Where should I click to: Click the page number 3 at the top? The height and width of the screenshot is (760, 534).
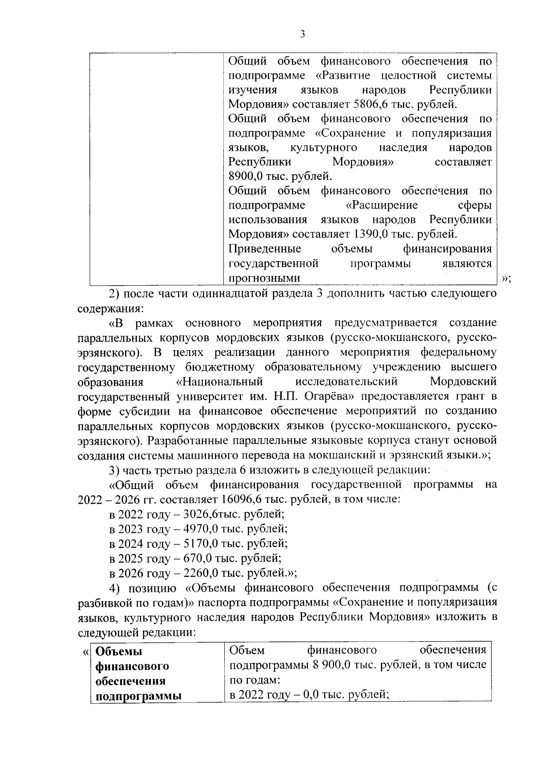pos(302,34)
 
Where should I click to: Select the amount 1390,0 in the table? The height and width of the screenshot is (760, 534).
pos(371,234)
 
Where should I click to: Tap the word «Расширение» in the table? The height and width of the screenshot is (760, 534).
pos(382,205)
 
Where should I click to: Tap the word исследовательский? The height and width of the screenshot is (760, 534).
pos(347,382)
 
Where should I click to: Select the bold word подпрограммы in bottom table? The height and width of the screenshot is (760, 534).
pos(139,696)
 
